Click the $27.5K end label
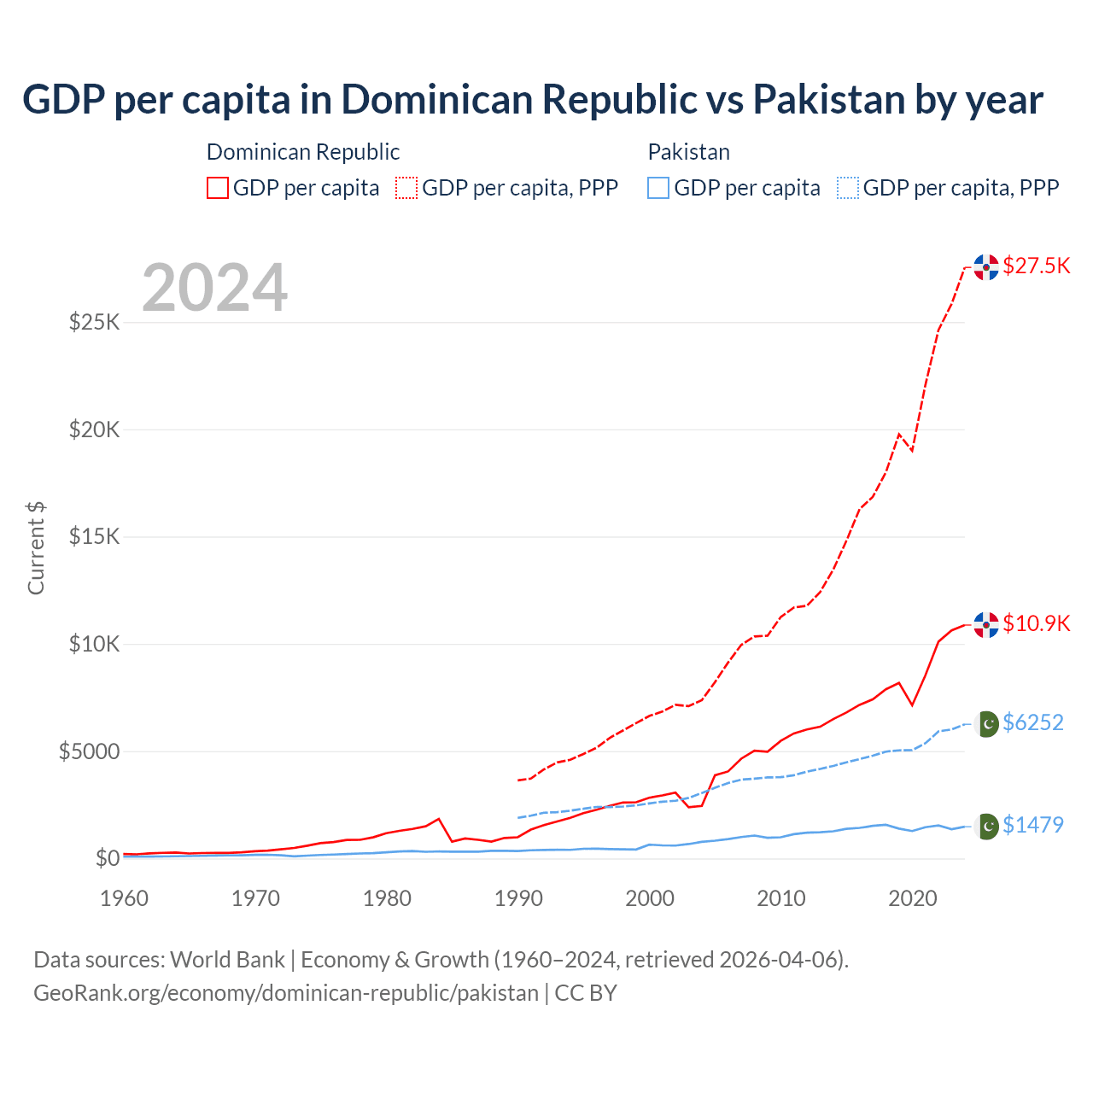(1036, 266)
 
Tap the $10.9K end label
(1036, 623)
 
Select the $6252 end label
(1032, 722)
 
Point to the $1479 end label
(1032, 825)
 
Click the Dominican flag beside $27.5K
(986, 267)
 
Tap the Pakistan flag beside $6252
(987, 724)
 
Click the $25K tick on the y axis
(95, 323)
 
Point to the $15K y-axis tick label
(95, 537)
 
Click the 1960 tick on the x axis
(125, 898)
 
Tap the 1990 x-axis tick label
(518, 898)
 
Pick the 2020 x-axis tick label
(913, 898)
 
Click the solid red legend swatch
(218, 188)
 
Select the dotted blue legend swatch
(848, 188)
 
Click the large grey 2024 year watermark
(214, 288)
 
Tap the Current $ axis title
(36, 548)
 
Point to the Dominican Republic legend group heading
(303, 152)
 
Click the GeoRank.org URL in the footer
(286, 993)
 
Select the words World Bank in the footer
(227, 960)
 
